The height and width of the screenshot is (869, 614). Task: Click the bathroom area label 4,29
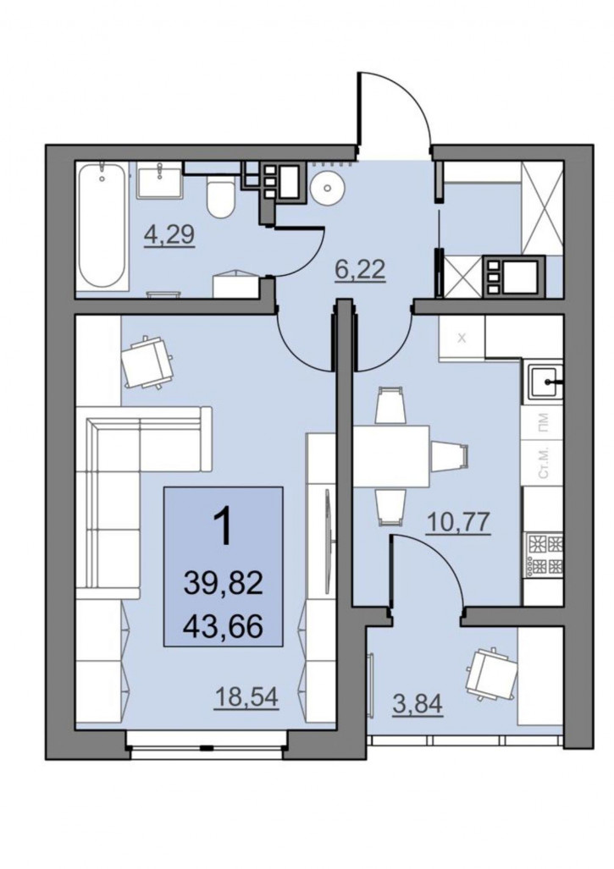(x=169, y=235)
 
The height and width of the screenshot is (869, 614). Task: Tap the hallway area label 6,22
(x=361, y=271)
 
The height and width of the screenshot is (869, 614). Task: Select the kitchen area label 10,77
(x=459, y=522)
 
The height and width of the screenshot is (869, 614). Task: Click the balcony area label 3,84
(x=418, y=704)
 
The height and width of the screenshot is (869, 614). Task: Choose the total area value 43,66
(x=223, y=628)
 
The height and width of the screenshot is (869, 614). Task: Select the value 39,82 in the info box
(x=223, y=584)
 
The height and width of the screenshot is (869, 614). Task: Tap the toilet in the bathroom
(x=219, y=197)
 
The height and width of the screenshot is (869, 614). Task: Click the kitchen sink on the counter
(x=543, y=382)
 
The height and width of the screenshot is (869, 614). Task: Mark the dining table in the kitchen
(x=391, y=456)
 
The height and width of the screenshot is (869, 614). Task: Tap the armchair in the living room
(x=147, y=362)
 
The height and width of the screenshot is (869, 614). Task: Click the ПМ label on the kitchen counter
(x=544, y=422)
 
